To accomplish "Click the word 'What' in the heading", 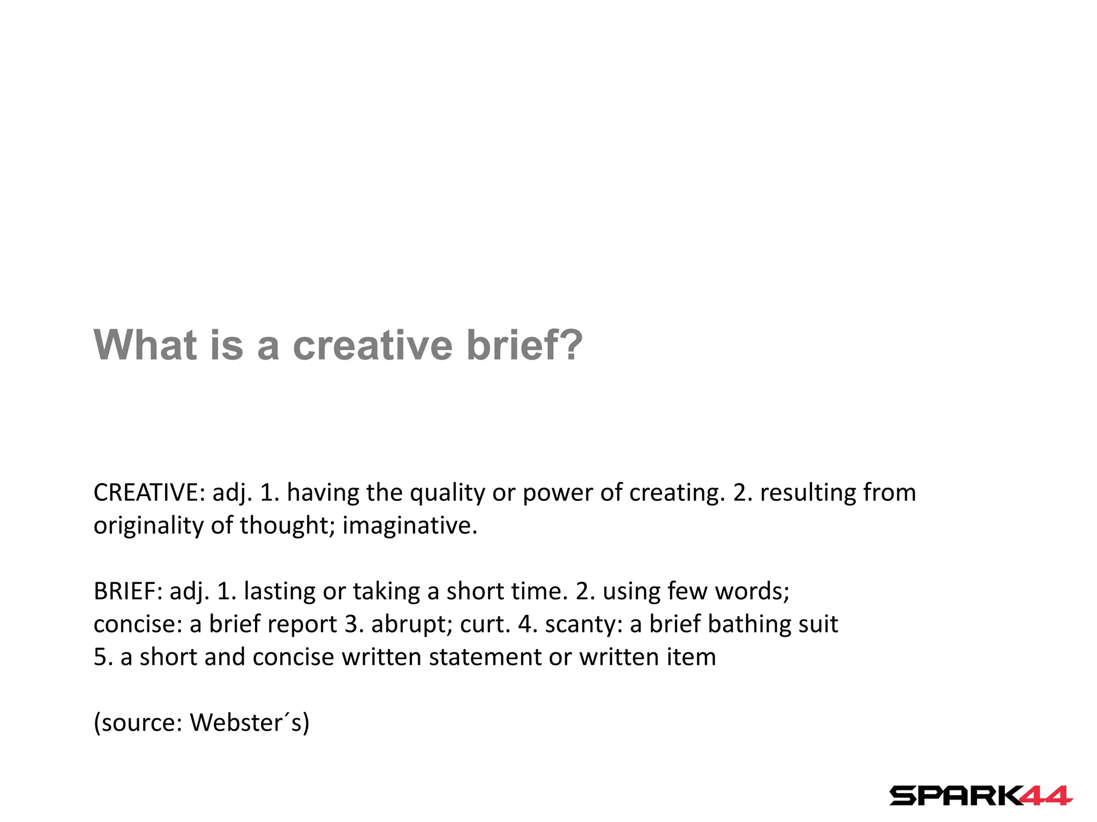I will point(146,345).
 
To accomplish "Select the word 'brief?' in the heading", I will point(524,345).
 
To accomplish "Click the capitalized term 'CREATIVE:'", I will point(149,492).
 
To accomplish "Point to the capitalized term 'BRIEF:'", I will point(128,591).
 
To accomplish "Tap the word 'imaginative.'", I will point(410,526).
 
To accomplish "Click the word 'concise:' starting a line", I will point(138,624).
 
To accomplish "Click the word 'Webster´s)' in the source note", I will point(250,723).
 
